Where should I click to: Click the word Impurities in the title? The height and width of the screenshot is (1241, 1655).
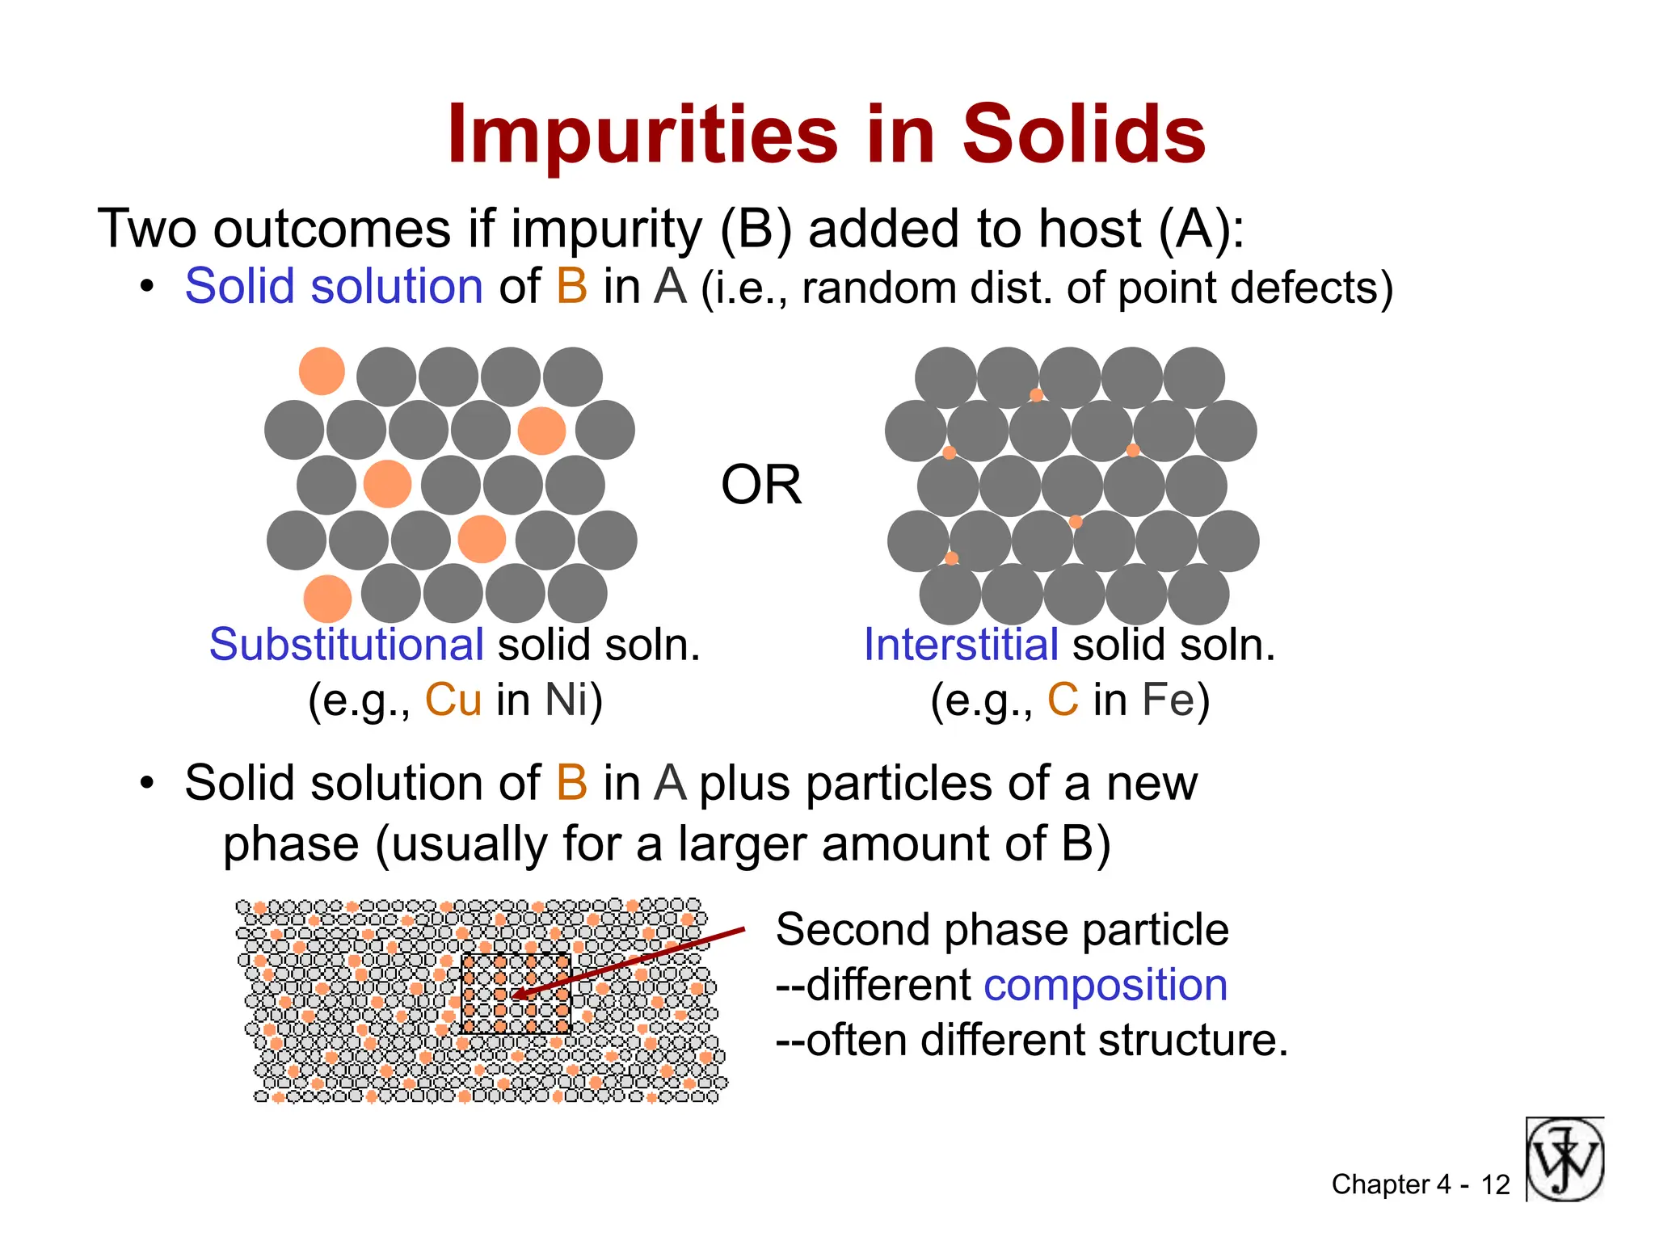point(642,135)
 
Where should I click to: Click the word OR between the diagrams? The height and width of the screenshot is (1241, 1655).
point(760,485)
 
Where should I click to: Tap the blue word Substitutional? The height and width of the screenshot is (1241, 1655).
point(346,645)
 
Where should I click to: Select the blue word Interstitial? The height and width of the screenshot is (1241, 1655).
point(961,645)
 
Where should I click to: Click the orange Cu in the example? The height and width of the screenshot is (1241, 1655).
point(453,700)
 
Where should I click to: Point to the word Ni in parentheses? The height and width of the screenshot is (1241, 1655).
point(566,700)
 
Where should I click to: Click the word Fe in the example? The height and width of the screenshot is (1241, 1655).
point(1168,700)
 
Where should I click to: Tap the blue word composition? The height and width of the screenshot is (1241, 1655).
point(1105,985)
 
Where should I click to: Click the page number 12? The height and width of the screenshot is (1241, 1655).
point(1495,1184)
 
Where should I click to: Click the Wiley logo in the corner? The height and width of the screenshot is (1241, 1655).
point(1565,1159)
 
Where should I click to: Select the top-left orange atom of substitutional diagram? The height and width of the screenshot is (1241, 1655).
point(322,372)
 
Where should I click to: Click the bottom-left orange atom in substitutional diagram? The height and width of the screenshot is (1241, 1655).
point(327,599)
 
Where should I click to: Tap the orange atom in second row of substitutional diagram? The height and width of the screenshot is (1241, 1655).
point(541,431)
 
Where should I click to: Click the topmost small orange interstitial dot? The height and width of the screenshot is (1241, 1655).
point(1036,395)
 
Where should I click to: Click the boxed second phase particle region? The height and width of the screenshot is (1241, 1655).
point(516,994)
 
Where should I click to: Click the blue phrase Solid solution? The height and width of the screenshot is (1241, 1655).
point(334,287)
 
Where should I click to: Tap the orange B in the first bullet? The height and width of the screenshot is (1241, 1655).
point(571,287)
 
